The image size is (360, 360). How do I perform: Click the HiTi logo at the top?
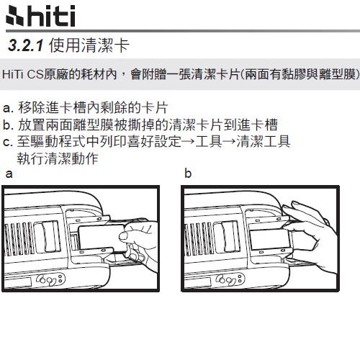click(x=40, y=16)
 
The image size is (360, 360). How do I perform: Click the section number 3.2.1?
click(x=26, y=45)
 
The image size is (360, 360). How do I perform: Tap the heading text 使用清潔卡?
click(x=89, y=45)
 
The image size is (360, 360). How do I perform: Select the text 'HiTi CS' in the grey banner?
click(x=23, y=74)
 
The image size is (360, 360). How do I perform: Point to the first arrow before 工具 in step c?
click(x=188, y=141)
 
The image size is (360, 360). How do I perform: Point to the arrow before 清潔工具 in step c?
click(x=229, y=141)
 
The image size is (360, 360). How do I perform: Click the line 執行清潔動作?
click(x=58, y=158)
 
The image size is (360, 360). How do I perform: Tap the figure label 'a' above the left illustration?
click(x=9, y=174)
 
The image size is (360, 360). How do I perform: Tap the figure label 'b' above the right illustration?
click(x=188, y=174)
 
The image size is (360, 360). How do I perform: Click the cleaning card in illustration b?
click(x=269, y=240)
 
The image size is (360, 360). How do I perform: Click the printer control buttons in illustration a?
click(x=50, y=279)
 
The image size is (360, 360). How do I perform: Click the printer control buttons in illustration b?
click(x=230, y=279)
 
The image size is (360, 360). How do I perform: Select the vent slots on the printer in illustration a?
click(x=19, y=238)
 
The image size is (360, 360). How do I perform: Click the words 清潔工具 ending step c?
click(x=264, y=141)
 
